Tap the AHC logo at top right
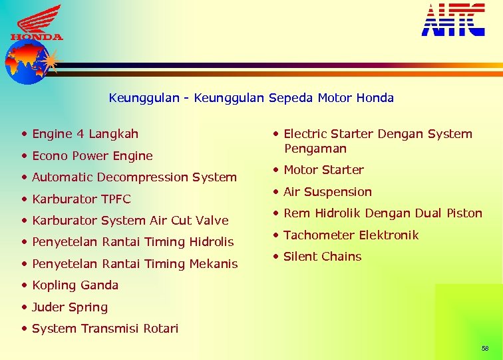453,20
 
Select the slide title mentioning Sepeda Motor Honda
251,98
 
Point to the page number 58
484,349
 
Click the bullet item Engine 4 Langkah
84,134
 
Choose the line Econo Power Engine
92,156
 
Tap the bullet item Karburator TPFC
81,199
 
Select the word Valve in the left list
212,221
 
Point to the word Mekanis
213,264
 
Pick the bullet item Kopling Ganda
75,285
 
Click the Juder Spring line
69,307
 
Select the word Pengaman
315,149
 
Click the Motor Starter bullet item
323,170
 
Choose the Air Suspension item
327,192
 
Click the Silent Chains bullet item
322,257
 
